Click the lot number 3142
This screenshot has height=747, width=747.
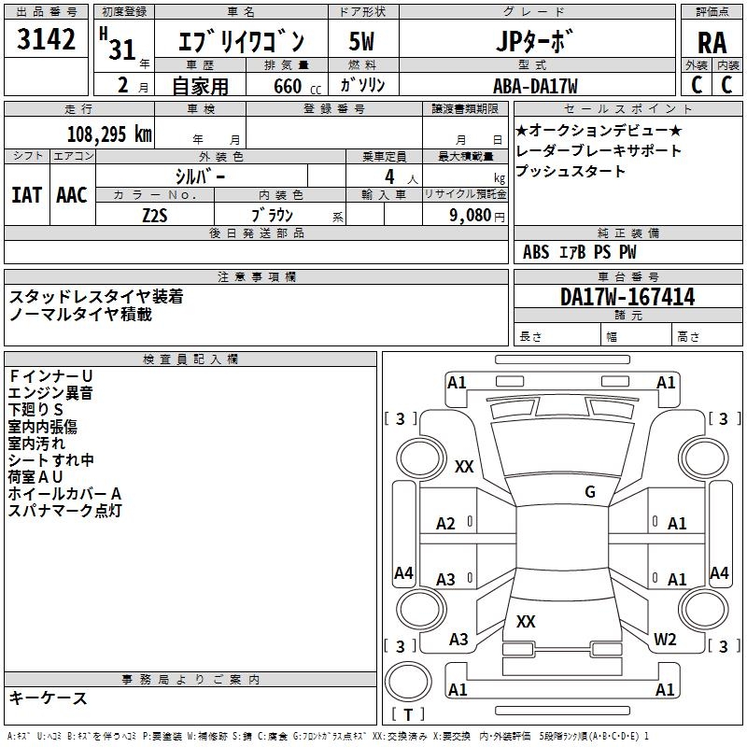pyautogui.click(x=46, y=38)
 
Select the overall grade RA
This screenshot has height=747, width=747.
pyautogui.click(x=712, y=43)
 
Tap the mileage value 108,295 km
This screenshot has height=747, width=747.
pyautogui.click(x=109, y=134)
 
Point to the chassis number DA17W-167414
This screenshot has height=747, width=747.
pyautogui.click(x=627, y=297)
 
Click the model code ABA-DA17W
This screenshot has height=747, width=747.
pyautogui.click(x=535, y=86)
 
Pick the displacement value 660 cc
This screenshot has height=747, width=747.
pyautogui.click(x=297, y=86)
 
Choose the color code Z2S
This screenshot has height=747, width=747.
pyautogui.click(x=155, y=216)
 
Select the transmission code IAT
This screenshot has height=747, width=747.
pyautogui.click(x=26, y=195)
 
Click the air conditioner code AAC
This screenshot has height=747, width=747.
pyautogui.click(x=72, y=195)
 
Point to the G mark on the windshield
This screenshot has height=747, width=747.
pyautogui.click(x=590, y=491)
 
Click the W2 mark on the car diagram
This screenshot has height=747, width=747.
pyautogui.click(x=665, y=639)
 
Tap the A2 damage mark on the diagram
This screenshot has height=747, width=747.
pyautogui.click(x=445, y=524)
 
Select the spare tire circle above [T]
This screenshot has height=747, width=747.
pyautogui.click(x=408, y=682)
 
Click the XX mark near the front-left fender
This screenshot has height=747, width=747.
pyautogui.click(x=464, y=466)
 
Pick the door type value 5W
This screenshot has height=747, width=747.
pyautogui.click(x=361, y=41)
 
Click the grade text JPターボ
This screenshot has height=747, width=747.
pyautogui.click(x=533, y=41)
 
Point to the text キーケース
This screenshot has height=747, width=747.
pyautogui.click(x=49, y=698)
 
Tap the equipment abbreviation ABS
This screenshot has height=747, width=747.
pyautogui.click(x=536, y=252)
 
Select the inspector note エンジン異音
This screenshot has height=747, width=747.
pyautogui.click(x=50, y=393)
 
